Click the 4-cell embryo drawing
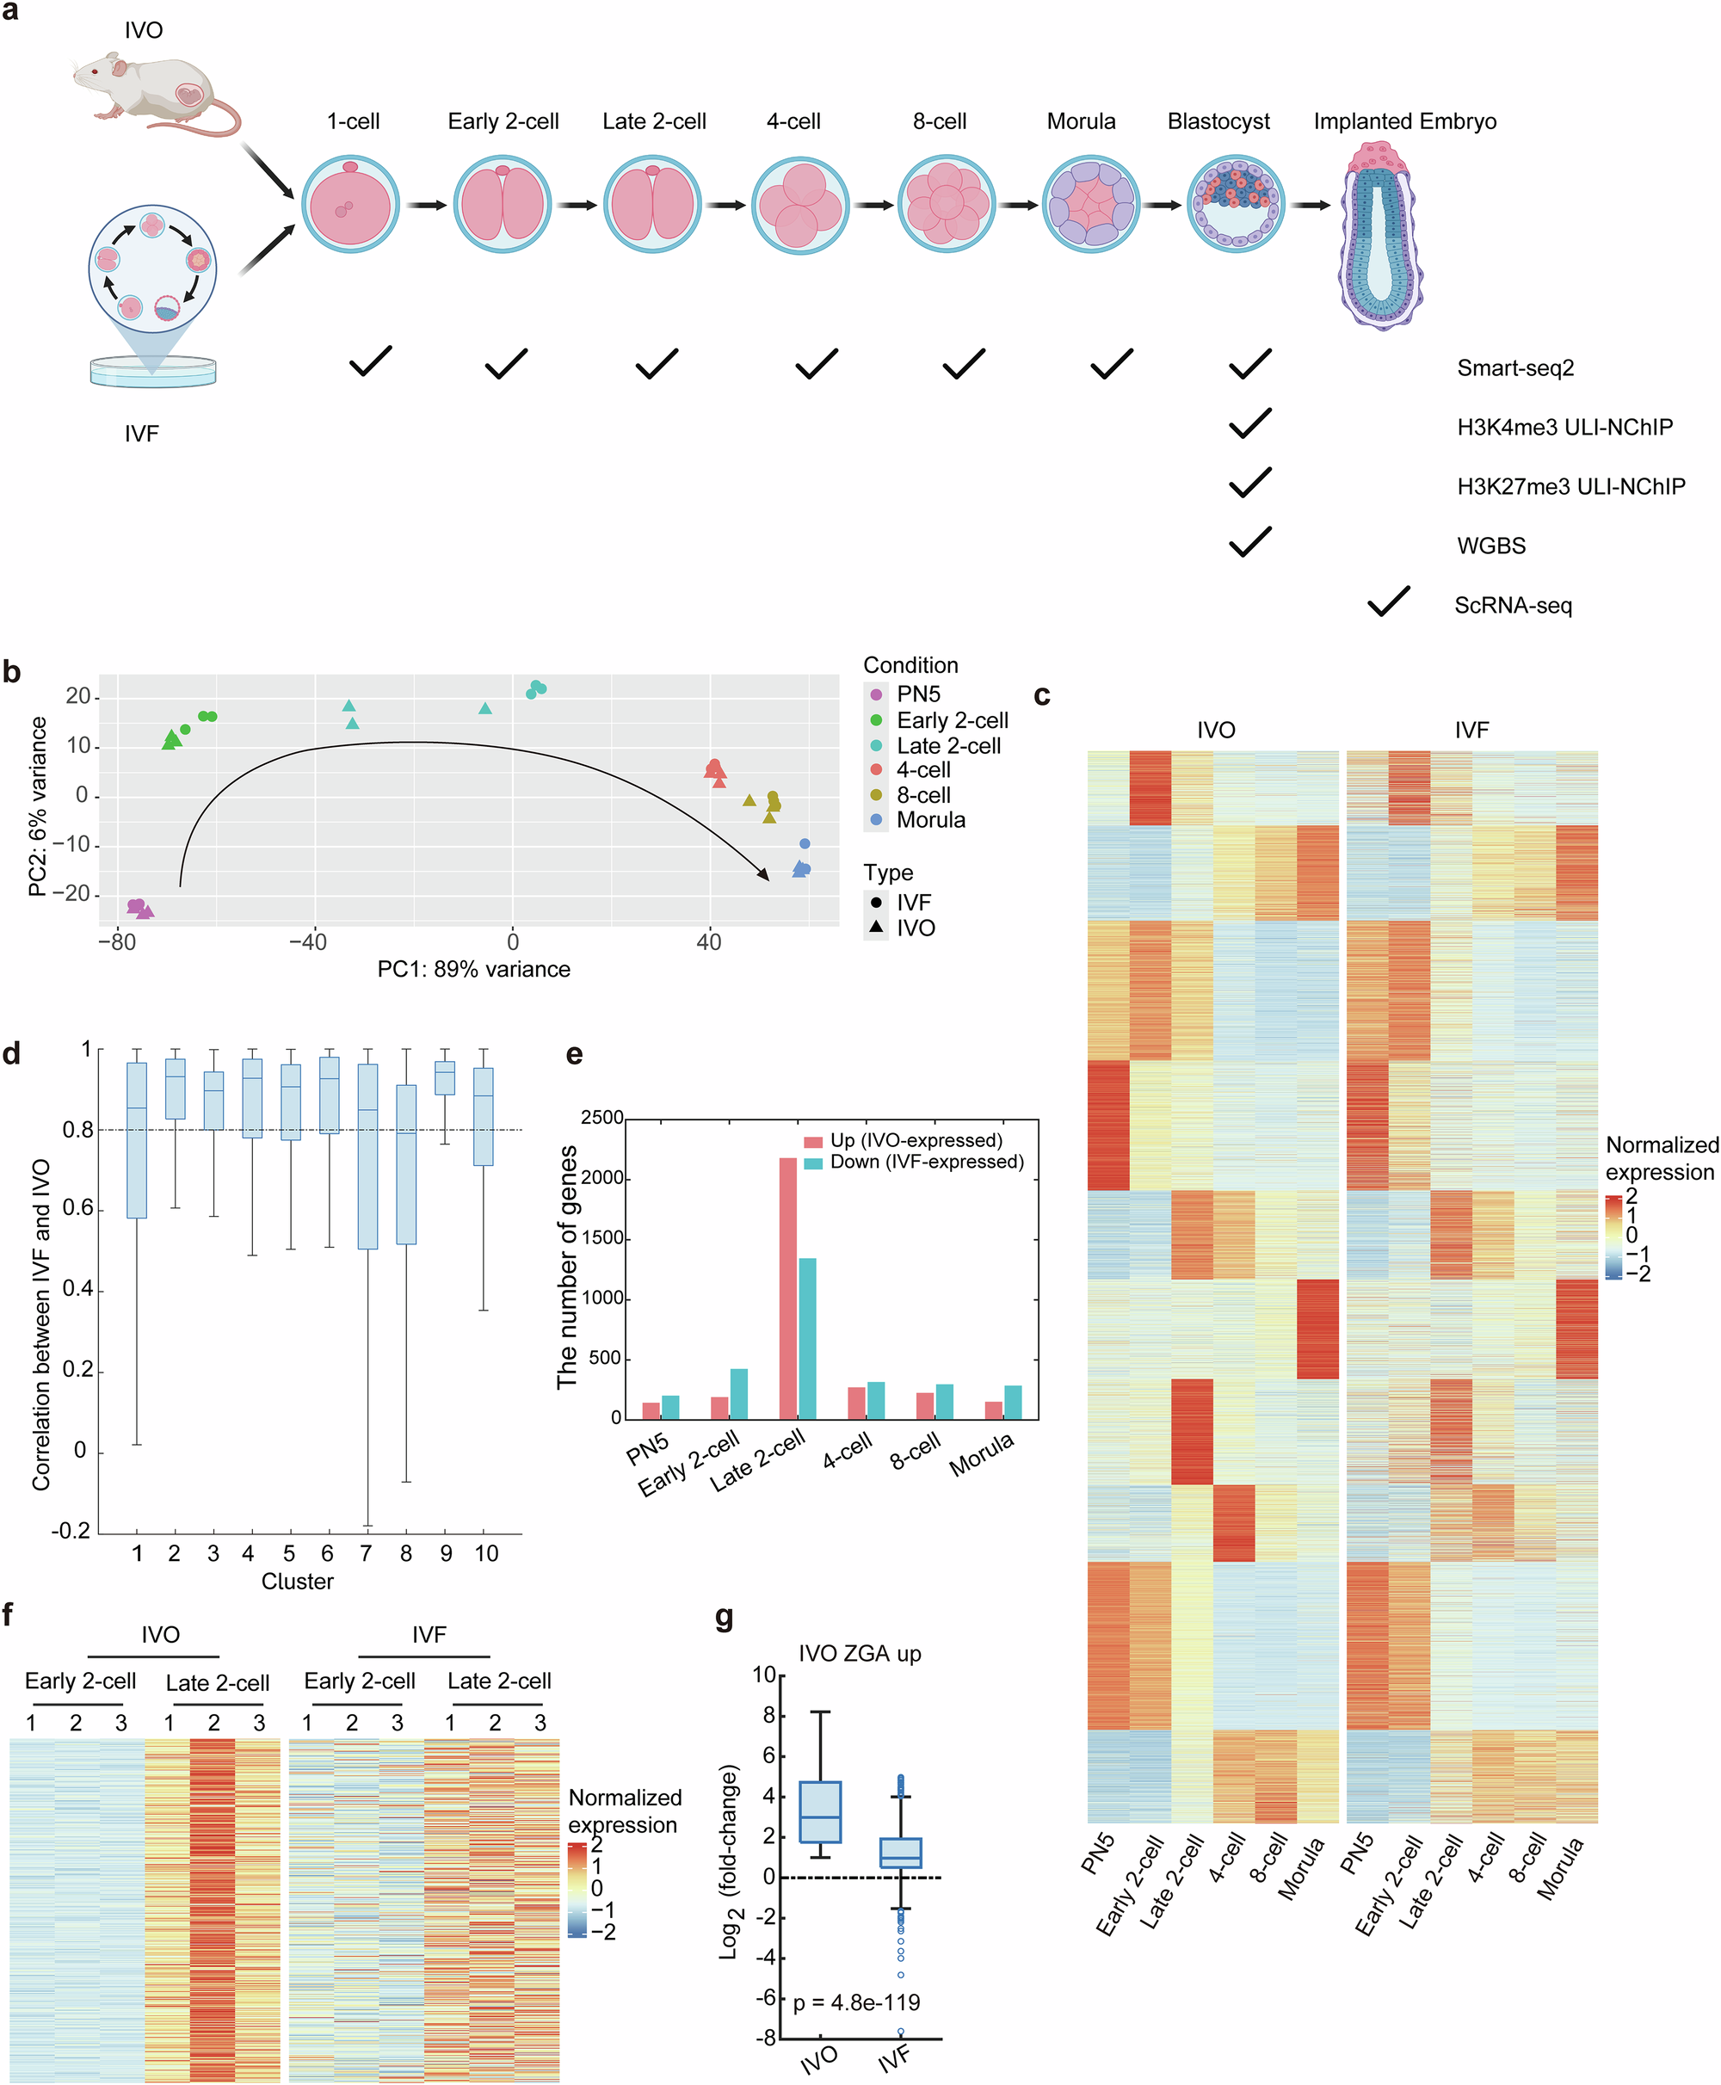[x=799, y=205]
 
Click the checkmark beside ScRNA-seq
[x=1387, y=601]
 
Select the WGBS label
[x=1490, y=546]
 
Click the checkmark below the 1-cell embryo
[x=370, y=362]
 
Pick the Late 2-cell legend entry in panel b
[x=947, y=745]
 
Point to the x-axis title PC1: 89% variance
[x=473, y=970]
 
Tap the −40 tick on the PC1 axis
[x=307, y=942]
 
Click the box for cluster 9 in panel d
[x=445, y=1077]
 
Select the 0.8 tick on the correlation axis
[x=78, y=1130]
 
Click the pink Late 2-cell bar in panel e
[x=788, y=1288]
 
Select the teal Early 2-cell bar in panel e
[x=738, y=1394]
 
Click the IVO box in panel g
[x=820, y=1811]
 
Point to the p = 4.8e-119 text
[x=856, y=2002]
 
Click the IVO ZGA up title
[x=860, y=1654]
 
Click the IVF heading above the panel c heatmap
[x=1471, y=730]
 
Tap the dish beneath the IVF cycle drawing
[x=152, y=372]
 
